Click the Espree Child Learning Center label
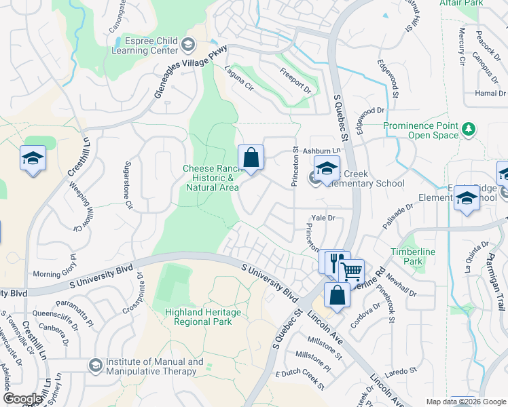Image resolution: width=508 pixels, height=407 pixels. coord(145,46)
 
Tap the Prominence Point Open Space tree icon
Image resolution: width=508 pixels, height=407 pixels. coord(468,129)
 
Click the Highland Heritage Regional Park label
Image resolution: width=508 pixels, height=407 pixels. coord(198,317)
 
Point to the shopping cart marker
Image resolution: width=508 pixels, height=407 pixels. coord(352,271)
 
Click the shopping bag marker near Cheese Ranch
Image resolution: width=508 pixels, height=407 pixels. coord(251,158)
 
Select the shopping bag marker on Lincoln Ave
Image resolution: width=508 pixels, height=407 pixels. coord(337,296)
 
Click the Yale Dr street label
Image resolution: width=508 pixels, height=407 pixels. coord(323,218)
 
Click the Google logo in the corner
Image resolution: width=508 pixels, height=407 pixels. coord(22,399)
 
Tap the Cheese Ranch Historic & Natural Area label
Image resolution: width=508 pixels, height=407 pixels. coord(210,177)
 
